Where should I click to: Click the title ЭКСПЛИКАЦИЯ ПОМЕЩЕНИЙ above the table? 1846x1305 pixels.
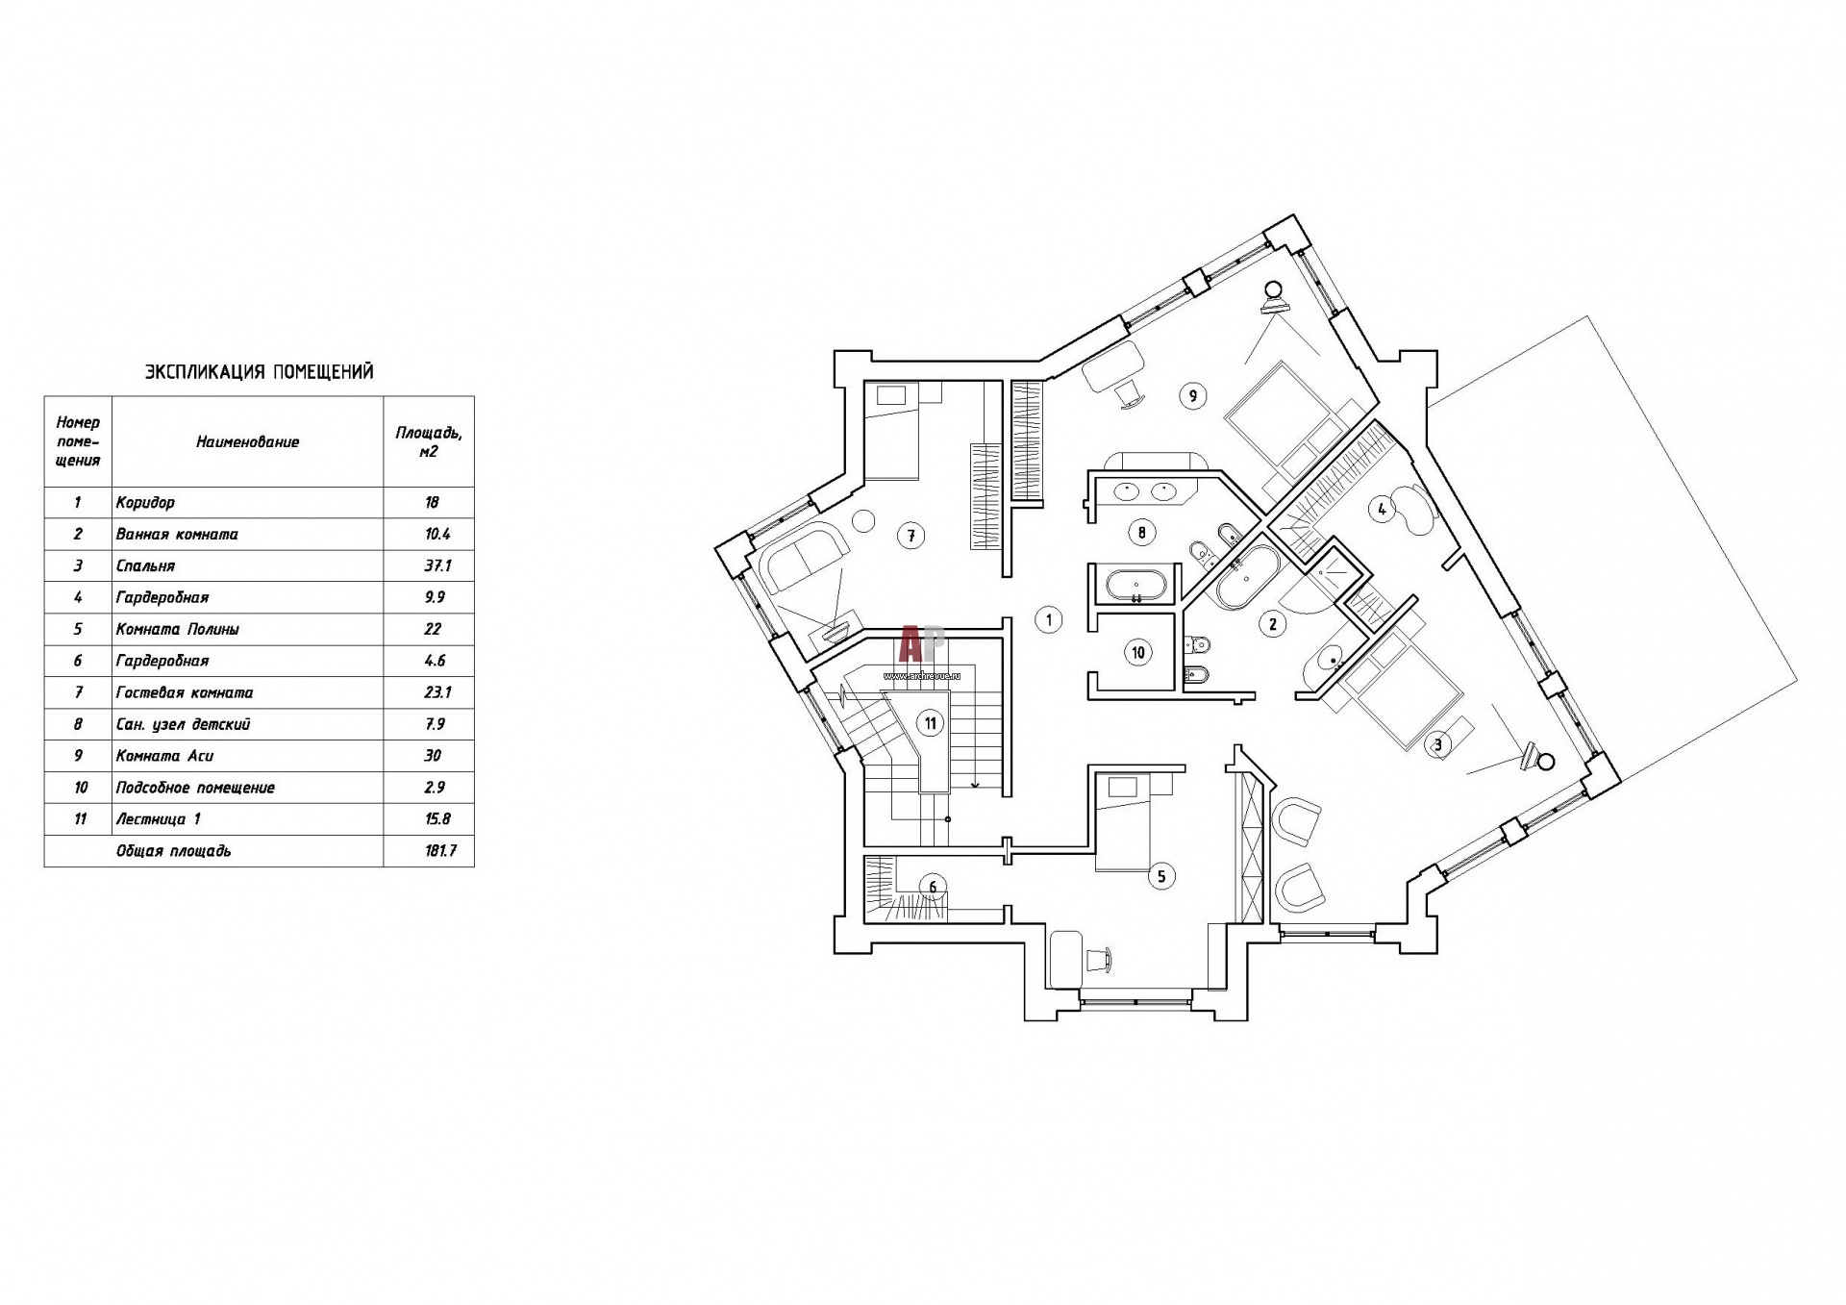[259, 372]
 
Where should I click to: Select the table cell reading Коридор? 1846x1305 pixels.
[145, 502]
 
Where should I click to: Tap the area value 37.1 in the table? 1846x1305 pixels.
[437, 565]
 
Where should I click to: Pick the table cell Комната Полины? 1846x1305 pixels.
[177, 629]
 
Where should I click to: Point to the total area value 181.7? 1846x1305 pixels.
[440, 851]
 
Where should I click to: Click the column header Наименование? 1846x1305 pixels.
[248, 442]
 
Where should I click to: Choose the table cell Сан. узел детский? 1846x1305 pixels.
[183, 724]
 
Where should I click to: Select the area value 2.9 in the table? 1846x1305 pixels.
[435, 788]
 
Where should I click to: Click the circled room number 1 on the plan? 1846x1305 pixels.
[1049, 620]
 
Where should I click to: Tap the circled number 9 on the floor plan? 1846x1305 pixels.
[1192, 395]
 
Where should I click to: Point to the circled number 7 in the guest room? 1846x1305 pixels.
[911, 536]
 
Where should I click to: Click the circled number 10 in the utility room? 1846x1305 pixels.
[1138, 653]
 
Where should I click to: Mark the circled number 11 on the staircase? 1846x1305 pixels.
[930, 723]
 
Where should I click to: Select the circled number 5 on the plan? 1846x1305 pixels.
[1161, 876]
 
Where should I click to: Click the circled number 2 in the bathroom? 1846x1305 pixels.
[1273, 624]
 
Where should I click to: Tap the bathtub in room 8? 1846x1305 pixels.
[1136, 586]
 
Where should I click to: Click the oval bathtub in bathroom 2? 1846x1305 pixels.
[1245, 578]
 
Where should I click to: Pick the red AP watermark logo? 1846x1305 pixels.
[922, 644]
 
